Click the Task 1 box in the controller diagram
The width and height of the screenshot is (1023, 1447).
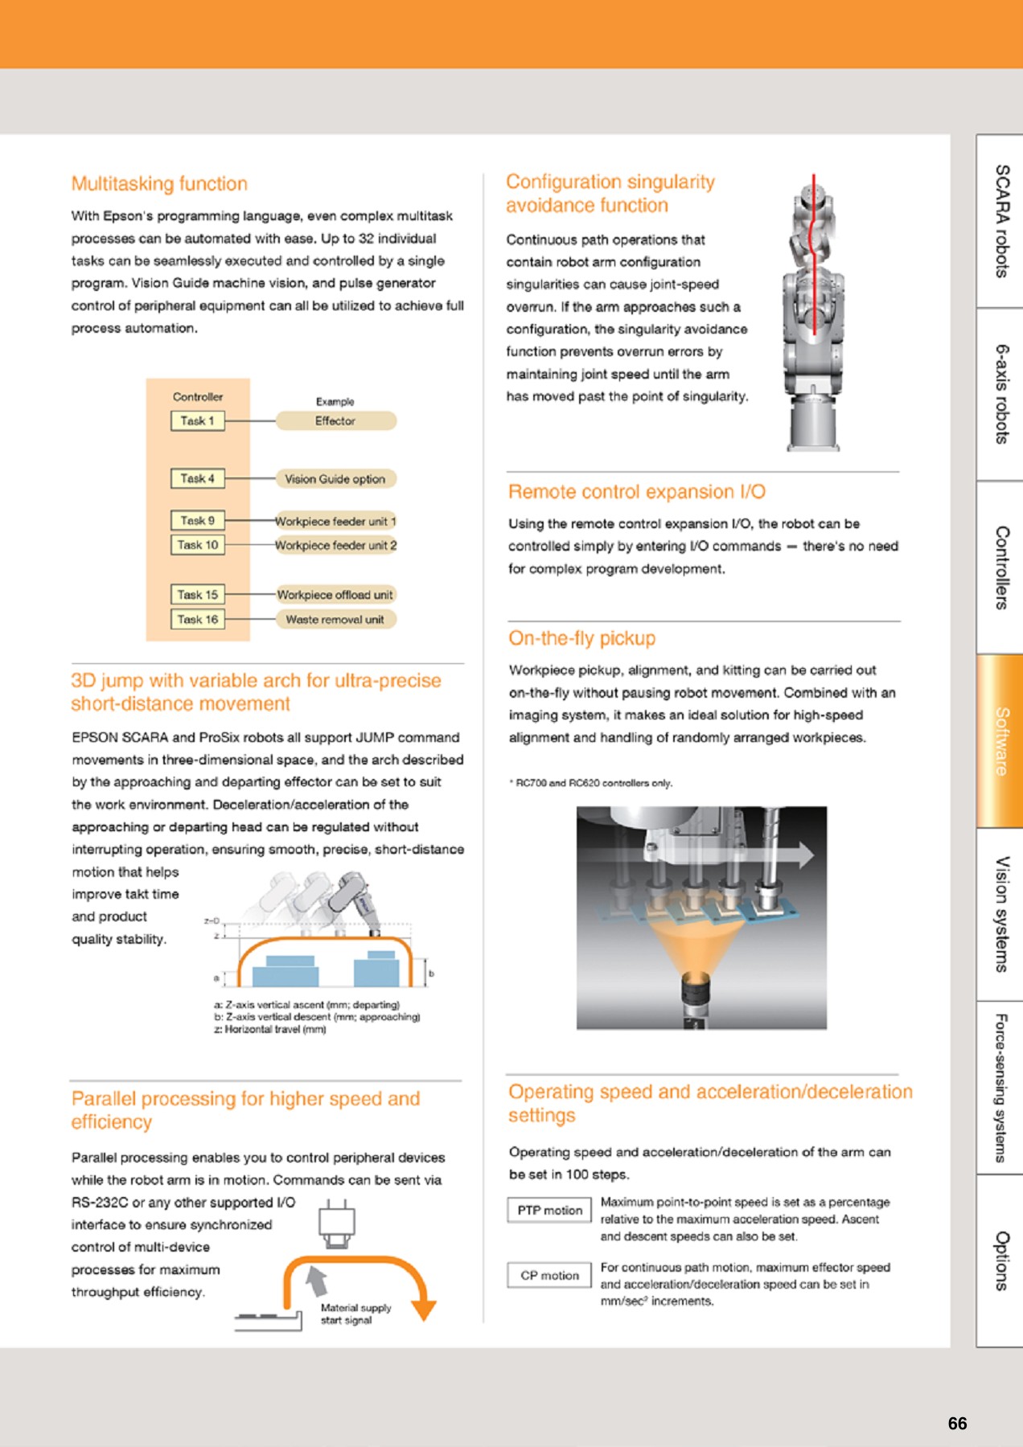pos(197,420)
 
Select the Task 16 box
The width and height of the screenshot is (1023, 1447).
pos(197,619)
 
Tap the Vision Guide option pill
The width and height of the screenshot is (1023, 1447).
pos(335,478)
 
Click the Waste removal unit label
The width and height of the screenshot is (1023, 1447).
pos(335,619)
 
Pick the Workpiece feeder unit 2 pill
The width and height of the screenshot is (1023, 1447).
pos(335,545)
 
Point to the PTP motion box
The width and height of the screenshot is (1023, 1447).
pos(549,1210)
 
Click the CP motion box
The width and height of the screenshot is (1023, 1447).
pos(549,1275)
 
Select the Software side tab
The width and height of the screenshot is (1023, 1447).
pos(1000,740)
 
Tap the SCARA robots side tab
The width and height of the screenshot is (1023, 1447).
pos(1000,221)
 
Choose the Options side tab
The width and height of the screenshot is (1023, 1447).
pos(1000,1260)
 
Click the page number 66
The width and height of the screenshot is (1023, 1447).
pos(957,1423)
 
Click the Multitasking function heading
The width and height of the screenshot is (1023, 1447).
pos(159,183)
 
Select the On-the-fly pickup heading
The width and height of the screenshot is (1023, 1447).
pos(581,638)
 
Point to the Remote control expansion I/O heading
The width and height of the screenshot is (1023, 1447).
pos(636,492)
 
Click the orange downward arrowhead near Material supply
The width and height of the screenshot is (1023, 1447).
pos(423,1310)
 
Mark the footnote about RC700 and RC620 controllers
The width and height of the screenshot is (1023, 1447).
pos(591,782)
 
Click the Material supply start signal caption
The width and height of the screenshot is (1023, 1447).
pos(355,1314)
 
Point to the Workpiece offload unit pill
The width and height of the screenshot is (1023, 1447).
pos(335,595)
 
